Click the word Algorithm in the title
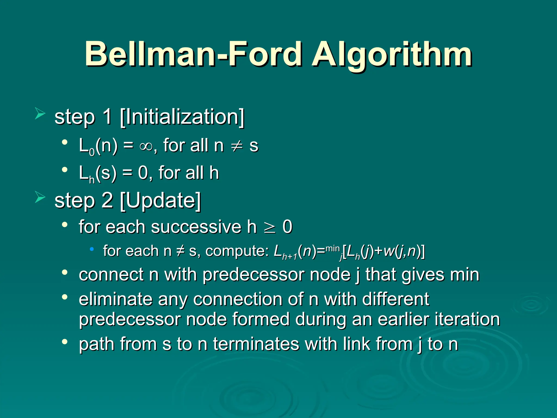coord(392,54)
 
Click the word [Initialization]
coord(182,117)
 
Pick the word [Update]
coord(160,201)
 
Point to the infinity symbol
coord(146,146)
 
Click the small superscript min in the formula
coord(332,248)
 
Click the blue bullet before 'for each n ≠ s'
coord(92,249)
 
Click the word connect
coord(111,275)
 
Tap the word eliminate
coord(116,299)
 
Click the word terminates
coord(256,344)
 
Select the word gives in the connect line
coord(423,275)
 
